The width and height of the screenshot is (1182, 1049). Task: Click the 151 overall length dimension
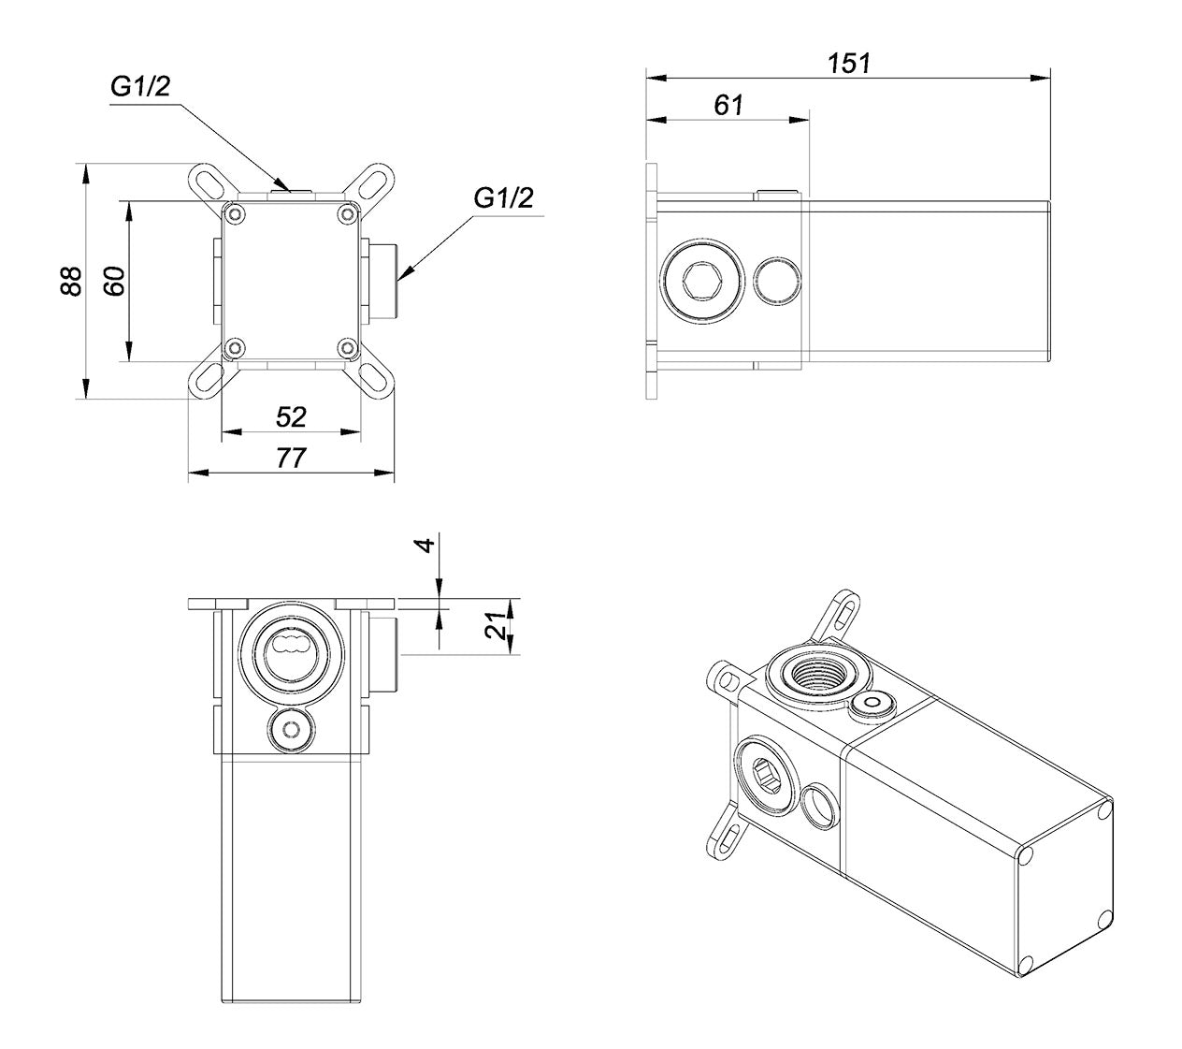[x=848, y=63]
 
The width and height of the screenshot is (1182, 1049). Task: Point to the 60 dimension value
[x=113, y=282]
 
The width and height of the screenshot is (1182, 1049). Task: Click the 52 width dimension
[x=292, y=417]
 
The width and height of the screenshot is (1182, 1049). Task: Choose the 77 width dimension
[x=292, y=459]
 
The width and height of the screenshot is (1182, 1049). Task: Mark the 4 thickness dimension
[x=426, y=544]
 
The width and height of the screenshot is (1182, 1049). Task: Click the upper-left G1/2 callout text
[x=140, y=87]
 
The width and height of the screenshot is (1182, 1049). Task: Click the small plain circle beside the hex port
[x=777, y=281]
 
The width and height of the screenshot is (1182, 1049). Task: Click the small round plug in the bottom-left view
[x=291, y=729]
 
